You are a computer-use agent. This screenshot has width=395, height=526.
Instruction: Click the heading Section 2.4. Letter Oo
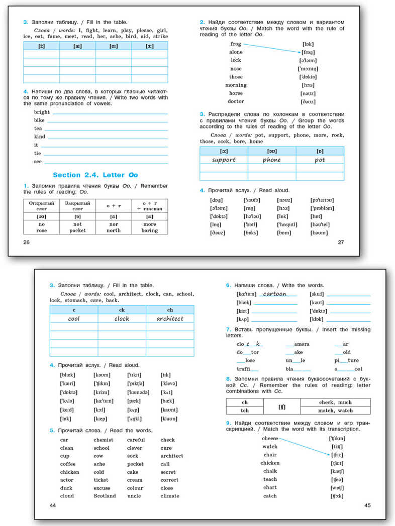95,175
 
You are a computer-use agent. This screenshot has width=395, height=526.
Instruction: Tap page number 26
27,242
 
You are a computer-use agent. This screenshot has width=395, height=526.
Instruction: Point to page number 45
367,505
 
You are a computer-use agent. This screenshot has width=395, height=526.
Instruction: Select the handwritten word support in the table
224,160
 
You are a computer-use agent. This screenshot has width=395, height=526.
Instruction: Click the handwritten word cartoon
274,294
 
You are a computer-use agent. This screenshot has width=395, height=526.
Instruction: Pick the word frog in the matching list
236,44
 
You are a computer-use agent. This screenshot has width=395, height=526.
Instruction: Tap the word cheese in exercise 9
270,438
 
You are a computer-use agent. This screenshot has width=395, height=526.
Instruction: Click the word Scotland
105,496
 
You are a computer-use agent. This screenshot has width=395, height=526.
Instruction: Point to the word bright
42,112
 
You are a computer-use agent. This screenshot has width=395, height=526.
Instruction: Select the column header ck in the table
122,310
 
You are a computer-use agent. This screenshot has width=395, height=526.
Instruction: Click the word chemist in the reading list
103,440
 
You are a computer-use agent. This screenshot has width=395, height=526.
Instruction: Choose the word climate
170,496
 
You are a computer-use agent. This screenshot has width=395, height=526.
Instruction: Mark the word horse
236,93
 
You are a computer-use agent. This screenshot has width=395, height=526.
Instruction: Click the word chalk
270,471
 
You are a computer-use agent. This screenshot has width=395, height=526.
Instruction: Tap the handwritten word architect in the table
170,318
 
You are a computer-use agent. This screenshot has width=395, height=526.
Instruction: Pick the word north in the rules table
114,230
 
